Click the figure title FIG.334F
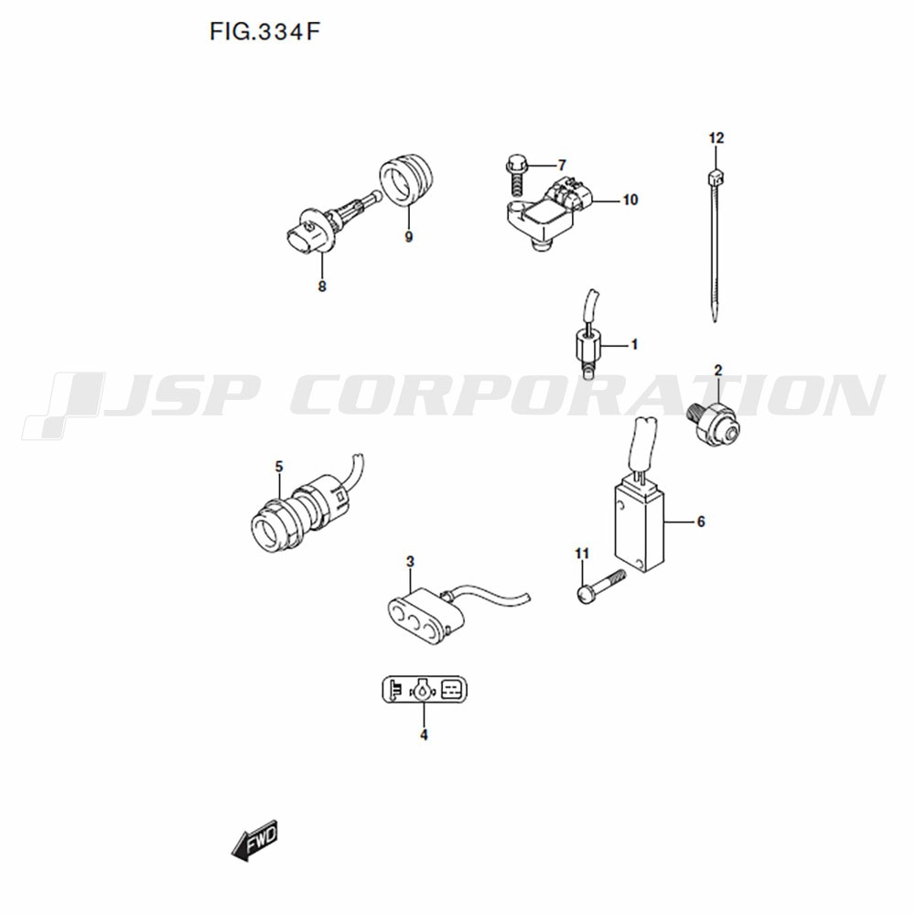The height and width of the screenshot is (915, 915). click(265, 32)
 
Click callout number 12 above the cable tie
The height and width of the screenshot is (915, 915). click(716, 138)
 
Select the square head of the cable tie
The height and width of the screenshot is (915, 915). click(716, 177)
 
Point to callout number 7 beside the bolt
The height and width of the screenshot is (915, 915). click(562, 165)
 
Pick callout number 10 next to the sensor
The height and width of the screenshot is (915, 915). click(630, 200)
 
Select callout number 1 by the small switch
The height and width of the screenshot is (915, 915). click(634, 345)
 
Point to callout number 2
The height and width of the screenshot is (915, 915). click(718, 370)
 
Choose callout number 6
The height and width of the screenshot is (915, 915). click(701, 522)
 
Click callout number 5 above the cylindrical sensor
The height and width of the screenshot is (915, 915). click(279, 467)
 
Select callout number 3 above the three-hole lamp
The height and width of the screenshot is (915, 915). click(410, 562)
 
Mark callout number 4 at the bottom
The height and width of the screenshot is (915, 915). click(425, 736)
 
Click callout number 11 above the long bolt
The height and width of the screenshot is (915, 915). click(582, 554)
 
